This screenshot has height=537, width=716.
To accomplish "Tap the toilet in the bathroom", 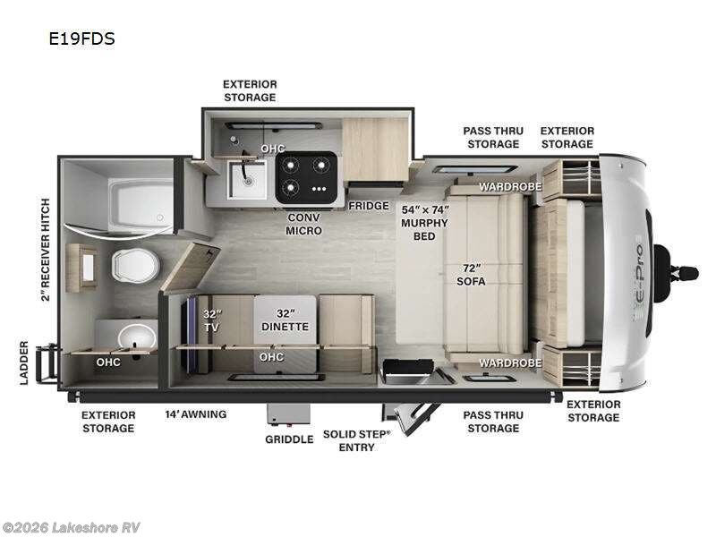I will (x=135, y=264).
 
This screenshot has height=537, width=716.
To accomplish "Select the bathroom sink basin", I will (x=138, y=337).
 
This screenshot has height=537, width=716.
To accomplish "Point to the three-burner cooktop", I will (x=306, y=176).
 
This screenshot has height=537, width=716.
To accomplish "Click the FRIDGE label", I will (x=369, y=206).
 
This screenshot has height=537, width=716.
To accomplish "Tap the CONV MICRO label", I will (x=304, y=224).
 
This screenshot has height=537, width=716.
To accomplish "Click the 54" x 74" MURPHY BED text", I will (x=424, y=221).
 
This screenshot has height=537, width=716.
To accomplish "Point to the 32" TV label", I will (x=212, y=320).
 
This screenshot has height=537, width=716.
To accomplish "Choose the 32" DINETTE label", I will (x=284, y=320).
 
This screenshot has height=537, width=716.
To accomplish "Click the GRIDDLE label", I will (x=289, y=439).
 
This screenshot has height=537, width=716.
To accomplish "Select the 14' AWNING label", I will (x=195, y=414).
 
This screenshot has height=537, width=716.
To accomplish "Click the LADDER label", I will (x=25, y=362).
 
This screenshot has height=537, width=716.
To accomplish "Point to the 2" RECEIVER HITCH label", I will (x=45, y=250).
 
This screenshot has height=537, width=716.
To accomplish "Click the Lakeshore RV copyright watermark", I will (x=72, y=527).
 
